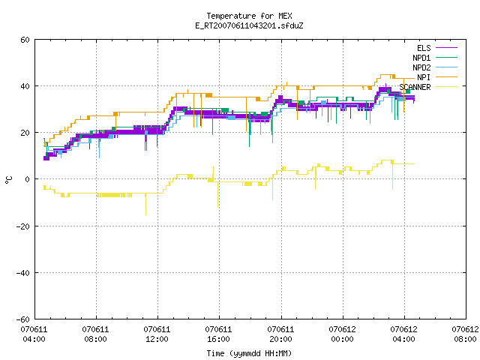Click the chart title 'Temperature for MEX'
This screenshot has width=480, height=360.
(249, 16)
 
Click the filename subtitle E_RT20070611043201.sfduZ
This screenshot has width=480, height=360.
(249, 25)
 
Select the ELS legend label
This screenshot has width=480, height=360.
(424, 48)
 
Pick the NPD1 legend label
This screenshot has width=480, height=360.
(421, 58)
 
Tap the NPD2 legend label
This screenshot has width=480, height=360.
(421, 67)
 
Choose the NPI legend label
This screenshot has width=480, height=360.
(424, 77)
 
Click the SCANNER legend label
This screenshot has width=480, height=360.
(415, 87)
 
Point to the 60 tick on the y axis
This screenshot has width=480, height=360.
(25, 40)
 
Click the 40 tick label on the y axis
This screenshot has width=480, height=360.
(25, 86)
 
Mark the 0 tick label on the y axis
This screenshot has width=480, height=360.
(27, 179)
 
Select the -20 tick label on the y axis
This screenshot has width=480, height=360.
(23, 226)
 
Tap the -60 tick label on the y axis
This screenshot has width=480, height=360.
(23, 319)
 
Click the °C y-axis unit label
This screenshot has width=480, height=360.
(9, 180)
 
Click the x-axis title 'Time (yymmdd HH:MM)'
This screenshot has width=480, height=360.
(249, 353)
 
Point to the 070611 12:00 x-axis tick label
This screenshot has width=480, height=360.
(157, 334)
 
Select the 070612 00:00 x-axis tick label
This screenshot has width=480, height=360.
(342, 334)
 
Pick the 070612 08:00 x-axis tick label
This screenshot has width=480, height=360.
(465, 334)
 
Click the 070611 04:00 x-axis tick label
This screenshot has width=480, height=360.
(34, 334)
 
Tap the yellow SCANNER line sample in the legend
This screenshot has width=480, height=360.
(447, 87)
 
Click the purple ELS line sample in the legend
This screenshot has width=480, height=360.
(447, 48)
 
